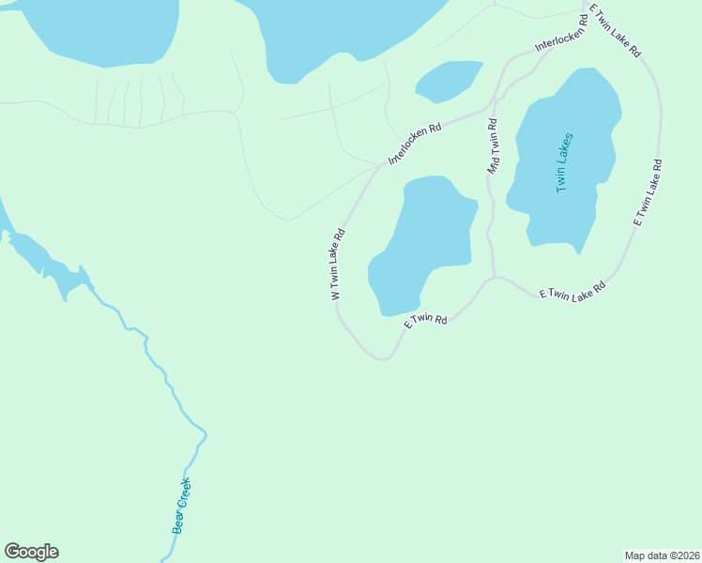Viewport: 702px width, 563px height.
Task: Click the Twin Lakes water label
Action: pos(564,162)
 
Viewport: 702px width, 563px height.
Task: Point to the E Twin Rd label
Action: pos(425,321)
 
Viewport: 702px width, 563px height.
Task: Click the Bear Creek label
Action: pos(182,507)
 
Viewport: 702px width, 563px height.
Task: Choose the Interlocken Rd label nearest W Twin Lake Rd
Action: pos(415,144)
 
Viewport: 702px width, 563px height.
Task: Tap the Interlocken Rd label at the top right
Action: pos(560,33)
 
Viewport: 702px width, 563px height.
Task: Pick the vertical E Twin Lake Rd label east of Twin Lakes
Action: pos(648,192)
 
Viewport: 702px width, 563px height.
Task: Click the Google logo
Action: pos(31,552)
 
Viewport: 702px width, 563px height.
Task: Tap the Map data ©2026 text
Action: pos(662,555)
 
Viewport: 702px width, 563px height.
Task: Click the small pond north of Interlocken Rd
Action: pos(448,82)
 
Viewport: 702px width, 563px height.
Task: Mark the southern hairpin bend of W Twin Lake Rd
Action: pos(380,358)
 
